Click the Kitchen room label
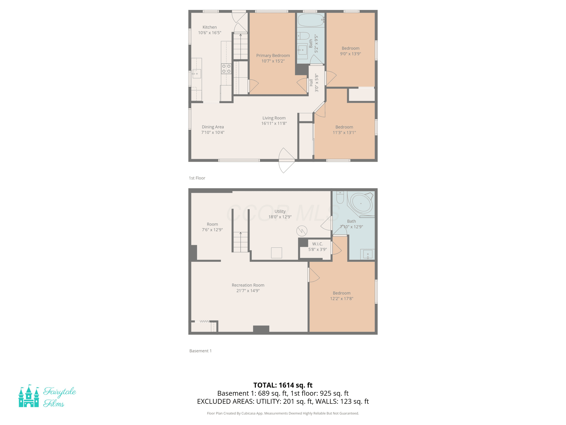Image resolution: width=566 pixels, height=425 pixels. click(x=210, y=27)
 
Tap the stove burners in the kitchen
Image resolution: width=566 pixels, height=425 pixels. click(x=226, y=69)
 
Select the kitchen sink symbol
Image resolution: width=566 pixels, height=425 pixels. click(x=197, y=73)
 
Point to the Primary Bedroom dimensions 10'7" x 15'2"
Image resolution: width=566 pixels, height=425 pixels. click(x=273, y=61)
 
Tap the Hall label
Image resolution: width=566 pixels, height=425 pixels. click(x=311, y=83)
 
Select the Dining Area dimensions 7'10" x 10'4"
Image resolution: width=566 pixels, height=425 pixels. click(x=213, y=132)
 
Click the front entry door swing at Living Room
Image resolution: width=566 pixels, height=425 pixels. click(x=287, y=160)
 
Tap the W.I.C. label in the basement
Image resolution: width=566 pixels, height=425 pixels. click(x=318, y=244)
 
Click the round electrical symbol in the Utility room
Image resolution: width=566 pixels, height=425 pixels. click(x=302, y=231)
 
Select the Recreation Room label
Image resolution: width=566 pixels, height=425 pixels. click(x=248, y=285)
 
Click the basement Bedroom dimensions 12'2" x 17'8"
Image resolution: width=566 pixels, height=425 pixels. click(x=342, y=298)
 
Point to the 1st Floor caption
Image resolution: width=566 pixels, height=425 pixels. click(x=197, y=178)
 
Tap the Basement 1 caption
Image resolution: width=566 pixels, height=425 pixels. click(x=200, y=351)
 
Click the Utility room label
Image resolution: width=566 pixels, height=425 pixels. click(x=280, y=211)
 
